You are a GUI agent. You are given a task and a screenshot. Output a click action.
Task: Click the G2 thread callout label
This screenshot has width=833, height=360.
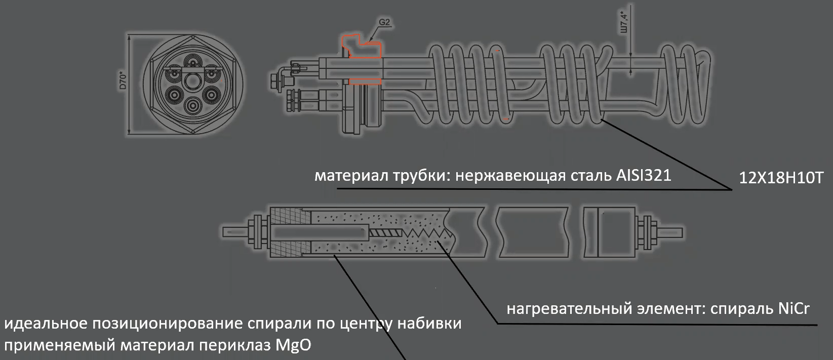click(x=384, y=22)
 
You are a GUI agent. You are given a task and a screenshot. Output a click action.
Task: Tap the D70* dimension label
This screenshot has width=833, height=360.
click(x=122, y=81)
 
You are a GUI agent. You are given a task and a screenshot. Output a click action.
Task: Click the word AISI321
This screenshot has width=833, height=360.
click(x=644, y=176)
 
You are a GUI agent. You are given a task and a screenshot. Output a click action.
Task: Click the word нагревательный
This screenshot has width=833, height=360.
click(x=564, y=309)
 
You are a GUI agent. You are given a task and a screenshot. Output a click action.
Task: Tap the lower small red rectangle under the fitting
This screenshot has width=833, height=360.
click(x=365, y=81)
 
